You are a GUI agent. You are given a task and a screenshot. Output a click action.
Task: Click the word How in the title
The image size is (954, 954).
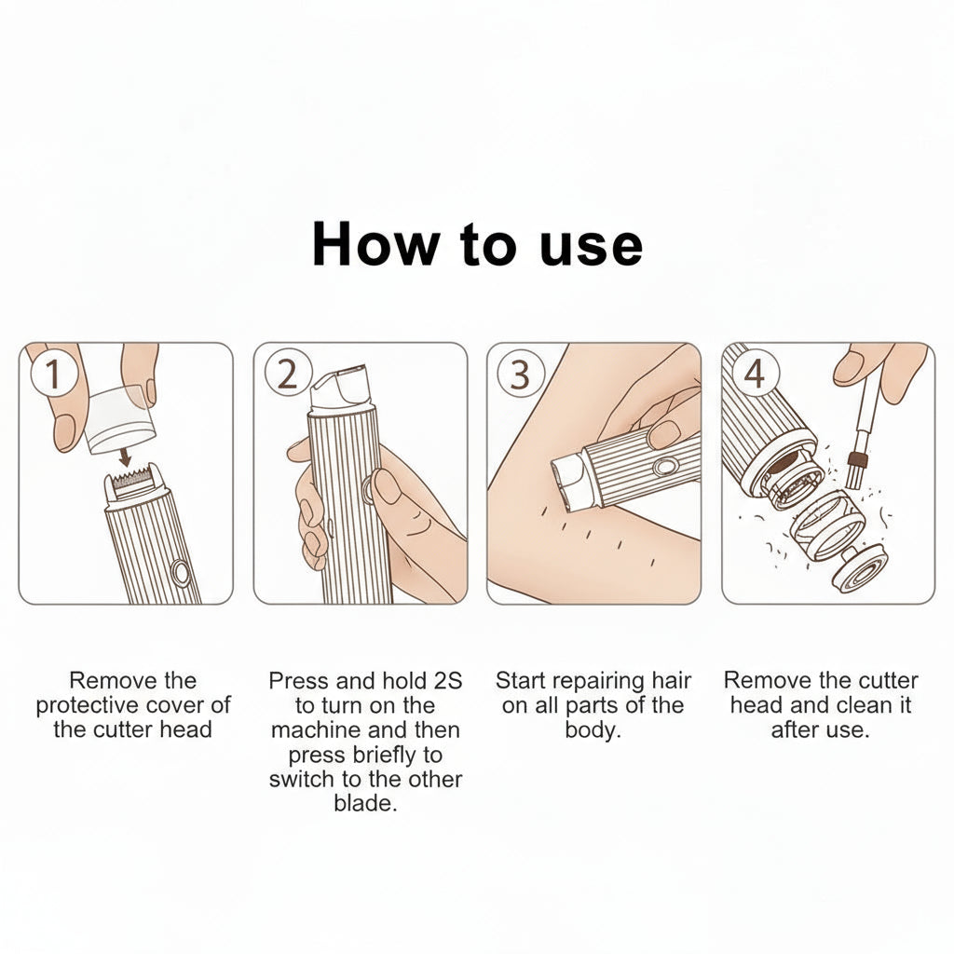(375, 244)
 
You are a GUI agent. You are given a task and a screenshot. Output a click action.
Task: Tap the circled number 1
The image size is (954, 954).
(53, 373)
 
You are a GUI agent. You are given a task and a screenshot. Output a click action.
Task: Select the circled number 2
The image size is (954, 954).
(288, 373)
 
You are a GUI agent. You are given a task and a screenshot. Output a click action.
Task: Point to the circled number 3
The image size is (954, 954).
(520, 375)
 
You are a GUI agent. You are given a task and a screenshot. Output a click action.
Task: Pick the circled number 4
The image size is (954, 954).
(755, 374)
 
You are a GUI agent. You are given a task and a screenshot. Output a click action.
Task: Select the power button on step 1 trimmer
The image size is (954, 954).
(181, 572)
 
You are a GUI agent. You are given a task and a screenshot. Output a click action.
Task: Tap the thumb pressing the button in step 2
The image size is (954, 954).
(385, 486)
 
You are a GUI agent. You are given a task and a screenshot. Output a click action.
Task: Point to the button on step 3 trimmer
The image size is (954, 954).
(665, 467)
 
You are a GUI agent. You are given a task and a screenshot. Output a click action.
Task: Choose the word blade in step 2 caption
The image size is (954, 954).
(365, 803)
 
